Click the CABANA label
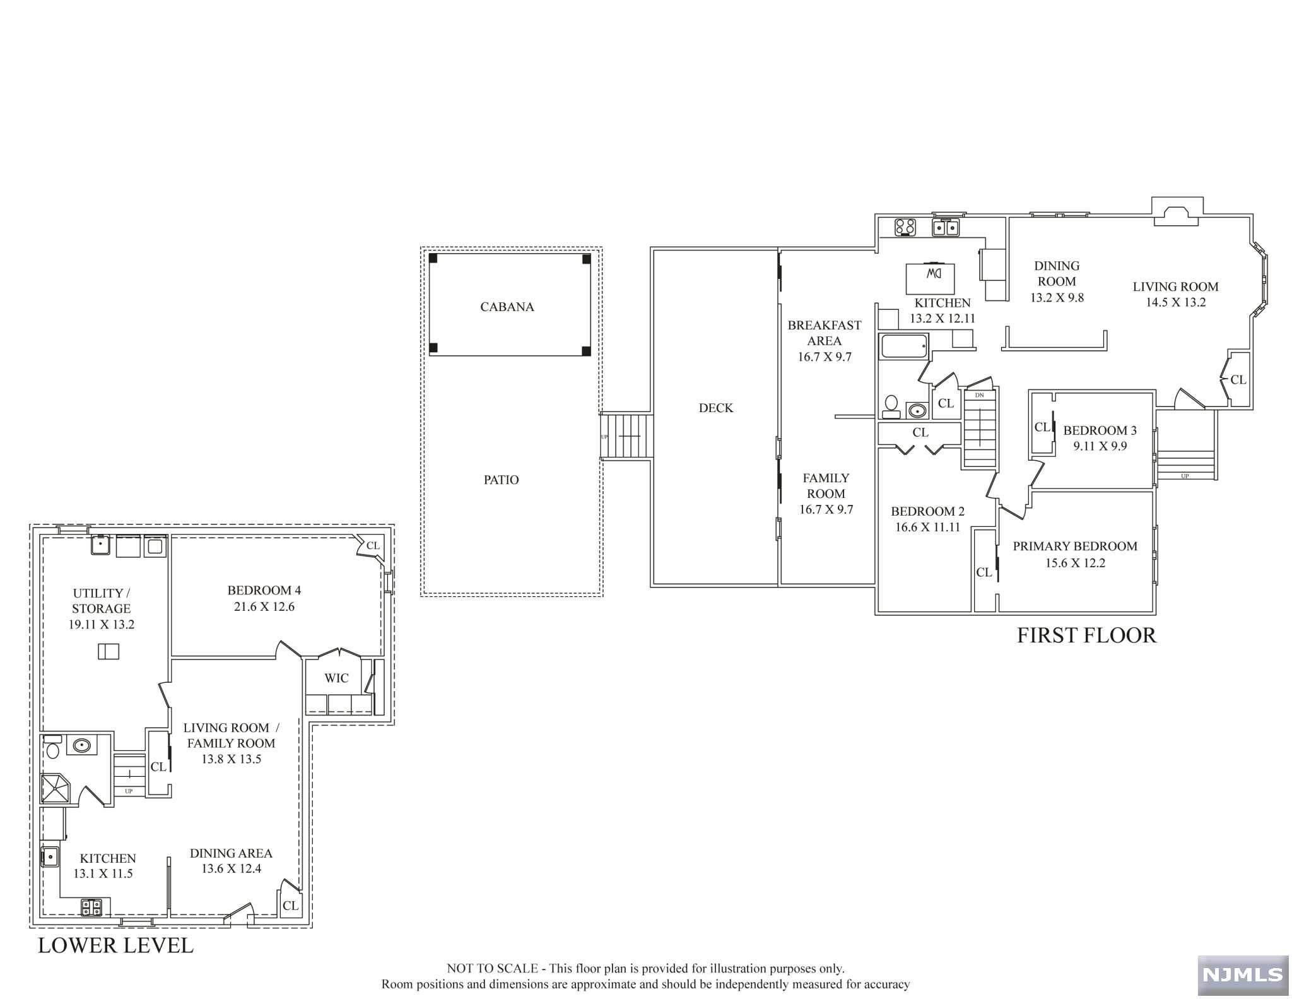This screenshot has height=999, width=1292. [x=507, y=307]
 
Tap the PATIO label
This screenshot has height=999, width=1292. [x=501, y=480]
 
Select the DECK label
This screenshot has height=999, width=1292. [x=715, y=408]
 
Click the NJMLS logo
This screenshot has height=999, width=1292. [x=1243, y=975]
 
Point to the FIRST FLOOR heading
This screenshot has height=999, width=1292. [x=1086, y=635]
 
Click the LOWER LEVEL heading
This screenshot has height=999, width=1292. [x=115, y=945]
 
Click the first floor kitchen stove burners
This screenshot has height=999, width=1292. [x=905, y=227]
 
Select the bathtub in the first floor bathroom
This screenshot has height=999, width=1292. [x=904, y=346]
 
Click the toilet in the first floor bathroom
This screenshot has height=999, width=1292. [x=891, y=406]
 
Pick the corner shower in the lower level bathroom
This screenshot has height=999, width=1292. [x=57, y=789]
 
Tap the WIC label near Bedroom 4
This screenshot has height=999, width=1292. [x=336, y=678]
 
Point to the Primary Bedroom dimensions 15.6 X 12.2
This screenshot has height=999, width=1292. [x=1075, y=563]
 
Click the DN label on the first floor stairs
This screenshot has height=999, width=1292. [x=979, y=395]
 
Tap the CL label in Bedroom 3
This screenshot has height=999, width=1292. [x=1042, y=427]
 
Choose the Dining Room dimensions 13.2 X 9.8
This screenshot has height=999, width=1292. [x=1057, y=297]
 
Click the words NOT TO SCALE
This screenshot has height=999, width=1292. [x=492, y=968]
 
